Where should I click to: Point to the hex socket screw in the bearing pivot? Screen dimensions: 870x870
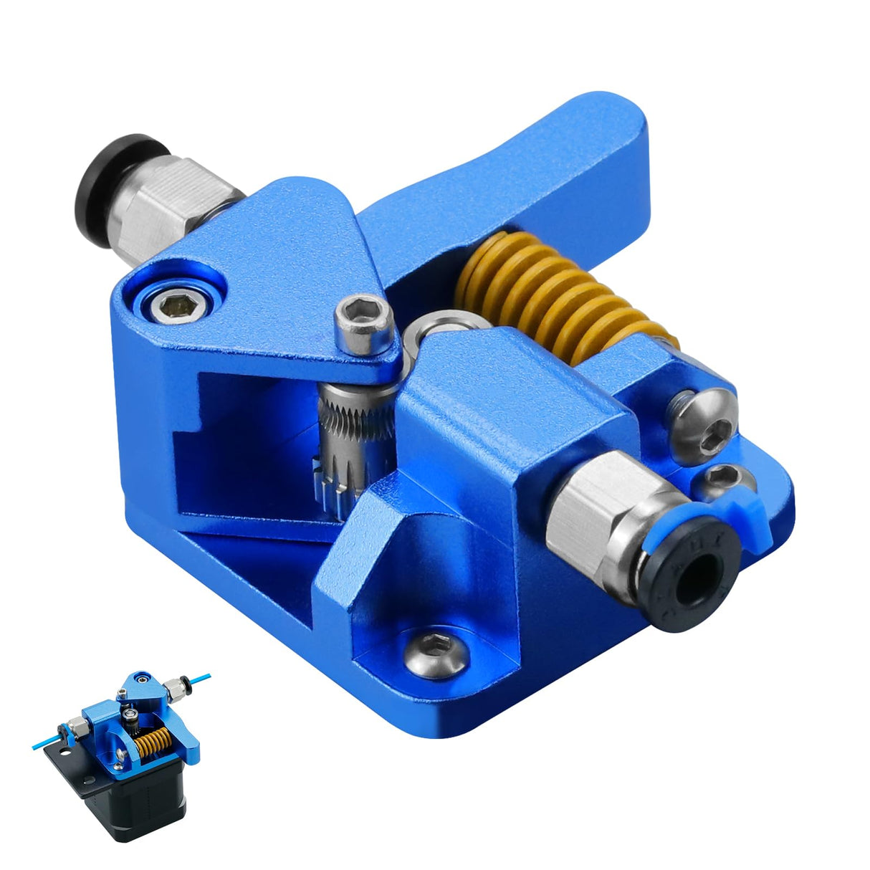pyautogui.click(x=175, y=307)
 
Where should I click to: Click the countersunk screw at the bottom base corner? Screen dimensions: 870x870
pyautogui.click(x=433, y=649)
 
